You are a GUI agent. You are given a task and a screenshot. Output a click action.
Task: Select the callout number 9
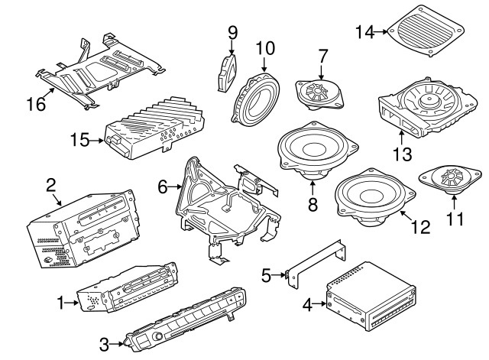232,32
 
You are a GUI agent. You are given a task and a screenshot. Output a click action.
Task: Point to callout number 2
50,184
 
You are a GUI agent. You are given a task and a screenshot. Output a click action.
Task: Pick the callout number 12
421,226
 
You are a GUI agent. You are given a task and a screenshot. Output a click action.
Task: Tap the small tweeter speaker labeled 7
320,93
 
